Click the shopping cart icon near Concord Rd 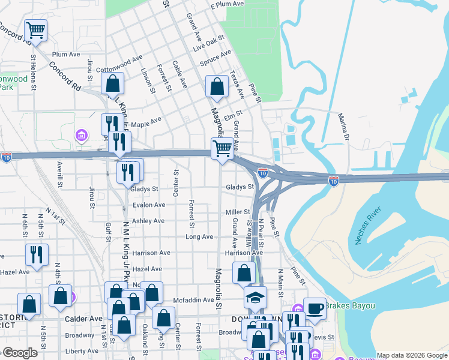tap(35, 29)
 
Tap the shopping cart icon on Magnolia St tap(222, 148)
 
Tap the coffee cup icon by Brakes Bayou tap(315, 308)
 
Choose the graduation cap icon tap(255, 297)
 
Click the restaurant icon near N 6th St tap(37, 254)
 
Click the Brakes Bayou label tap(351, 306)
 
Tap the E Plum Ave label tap(227, 4)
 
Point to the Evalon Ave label tap(148, 205)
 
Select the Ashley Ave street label tap(148, 221)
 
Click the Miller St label tap(238, 212)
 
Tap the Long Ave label tap(199, 237)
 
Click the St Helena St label tap(33, 70)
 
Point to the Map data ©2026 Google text tap(412, 355)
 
